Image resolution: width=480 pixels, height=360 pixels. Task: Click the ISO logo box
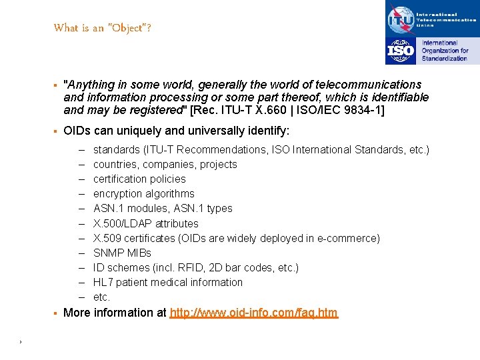pos(401,51)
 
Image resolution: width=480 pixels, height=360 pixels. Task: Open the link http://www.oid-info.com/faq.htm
pos(254,313)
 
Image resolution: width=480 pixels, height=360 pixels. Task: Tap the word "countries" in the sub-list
pos(115,164)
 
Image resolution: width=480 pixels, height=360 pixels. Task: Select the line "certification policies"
pos(139,179)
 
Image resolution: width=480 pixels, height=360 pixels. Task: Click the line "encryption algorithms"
pos(143,193)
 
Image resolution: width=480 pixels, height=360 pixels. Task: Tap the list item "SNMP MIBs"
pos(122,253)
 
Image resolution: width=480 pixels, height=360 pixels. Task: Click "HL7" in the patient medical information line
pos(103,282)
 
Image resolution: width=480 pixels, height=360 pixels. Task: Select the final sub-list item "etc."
pos(101,297)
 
